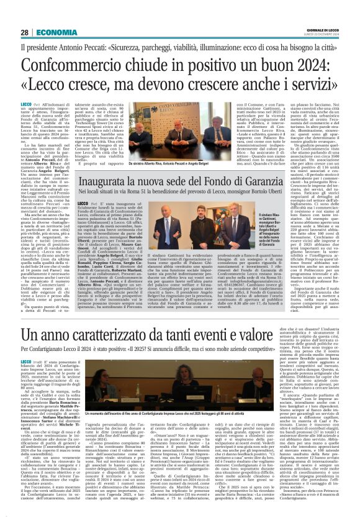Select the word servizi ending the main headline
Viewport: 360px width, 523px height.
310,83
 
